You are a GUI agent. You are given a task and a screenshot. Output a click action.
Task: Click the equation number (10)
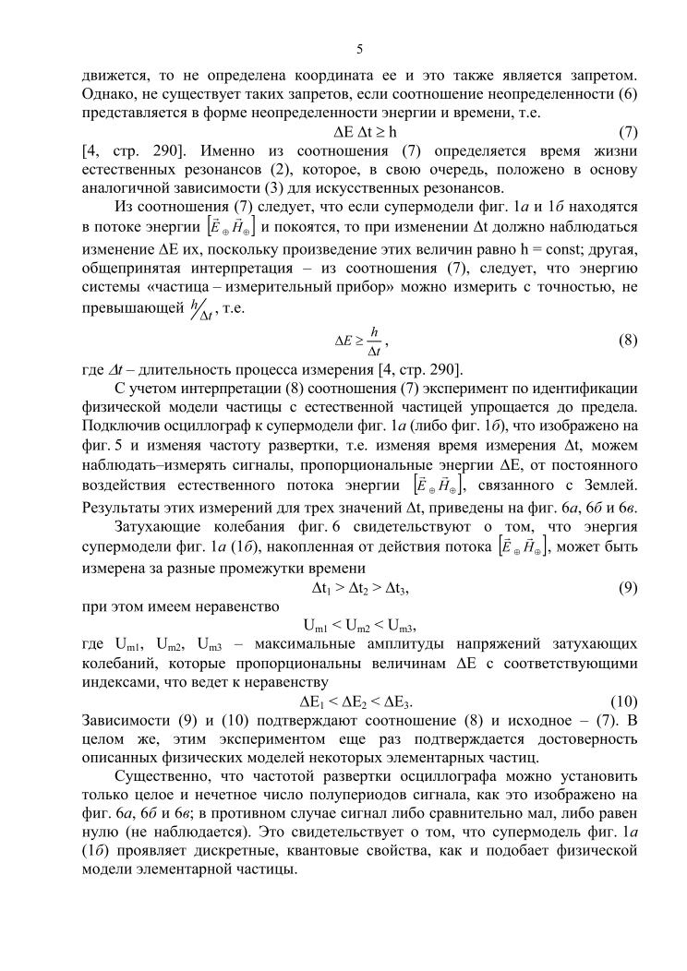(624, 701)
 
